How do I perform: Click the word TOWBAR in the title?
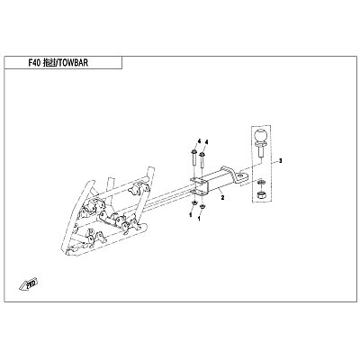point(74,63)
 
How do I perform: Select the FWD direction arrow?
point(29,284)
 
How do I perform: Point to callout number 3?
point(280,161)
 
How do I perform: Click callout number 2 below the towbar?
point(222,197)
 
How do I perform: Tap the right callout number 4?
point(207,141)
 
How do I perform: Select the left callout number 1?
point(190,214)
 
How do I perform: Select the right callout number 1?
point(200,219)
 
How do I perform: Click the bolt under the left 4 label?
point(193,159)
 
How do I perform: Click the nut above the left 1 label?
point(194,203)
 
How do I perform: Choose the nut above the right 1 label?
point(202,206)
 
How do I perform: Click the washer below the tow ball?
point(261,182)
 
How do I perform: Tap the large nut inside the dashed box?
point(261,195)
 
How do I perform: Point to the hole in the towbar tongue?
point(241,174)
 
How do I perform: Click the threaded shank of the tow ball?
point(261,153)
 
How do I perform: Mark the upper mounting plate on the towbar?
point(198,180)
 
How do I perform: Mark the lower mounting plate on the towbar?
point(198,193)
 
